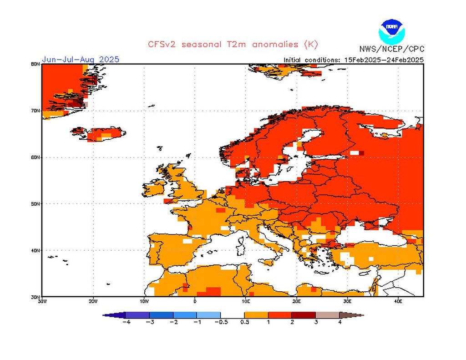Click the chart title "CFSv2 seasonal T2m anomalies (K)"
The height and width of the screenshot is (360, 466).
tap(233, 44)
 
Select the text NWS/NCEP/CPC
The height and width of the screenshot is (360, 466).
tap(391, 49)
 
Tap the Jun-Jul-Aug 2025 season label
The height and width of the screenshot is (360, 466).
tap(81, 60)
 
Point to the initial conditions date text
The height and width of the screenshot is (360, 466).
tap(354, 60)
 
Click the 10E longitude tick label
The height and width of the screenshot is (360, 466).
tap(246, 301)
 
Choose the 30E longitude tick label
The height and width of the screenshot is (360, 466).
tap(347, 301)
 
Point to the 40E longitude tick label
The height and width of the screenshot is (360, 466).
tap(398, 301)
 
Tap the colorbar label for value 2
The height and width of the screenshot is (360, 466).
tap(292, 322)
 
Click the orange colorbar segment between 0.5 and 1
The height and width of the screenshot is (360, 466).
tap(256, 314)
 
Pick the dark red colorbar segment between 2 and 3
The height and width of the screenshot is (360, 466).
tap(304, 314)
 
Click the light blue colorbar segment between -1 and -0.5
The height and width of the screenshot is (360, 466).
tap(208, 314)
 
